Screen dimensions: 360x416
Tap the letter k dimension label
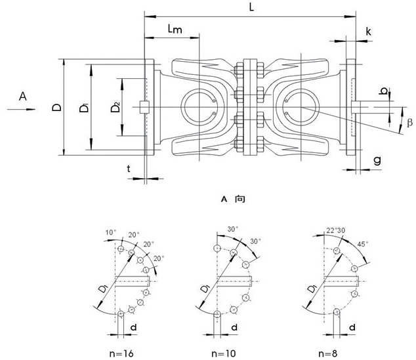pyautogui.click(x=370, y=31)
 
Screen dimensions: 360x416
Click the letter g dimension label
pyautogui.click(x=377, y=160)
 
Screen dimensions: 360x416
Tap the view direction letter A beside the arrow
pyautogui.click(x=23, y=97)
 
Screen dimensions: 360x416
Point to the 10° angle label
pyautogui.click(x=110, y=233)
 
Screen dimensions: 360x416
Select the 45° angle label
pyautogui.click(x=362, y=244)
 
